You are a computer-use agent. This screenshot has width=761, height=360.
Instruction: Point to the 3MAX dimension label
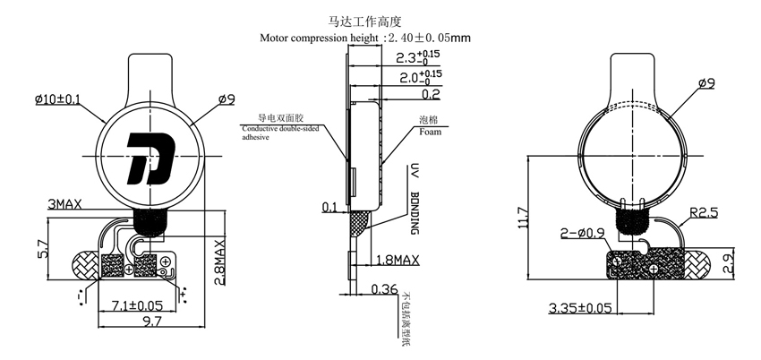pyautogui.click(x=64, y=204)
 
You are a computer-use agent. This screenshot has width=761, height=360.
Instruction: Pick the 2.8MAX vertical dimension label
pyautogui.click(x=220, y=258)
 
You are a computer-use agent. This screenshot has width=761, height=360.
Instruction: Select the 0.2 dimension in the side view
pyautogui.click(x=430, y=93)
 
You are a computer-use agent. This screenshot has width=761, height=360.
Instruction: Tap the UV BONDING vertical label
pyautogui.click(x=415, y=199)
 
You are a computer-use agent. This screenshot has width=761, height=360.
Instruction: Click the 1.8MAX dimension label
pyautogui.click(x=396, y=261)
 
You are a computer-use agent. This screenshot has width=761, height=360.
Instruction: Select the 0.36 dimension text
pyautogui.click(x=384, y=288)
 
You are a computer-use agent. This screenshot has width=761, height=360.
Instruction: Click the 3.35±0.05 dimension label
pyautogui.click(x=580, y=309)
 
